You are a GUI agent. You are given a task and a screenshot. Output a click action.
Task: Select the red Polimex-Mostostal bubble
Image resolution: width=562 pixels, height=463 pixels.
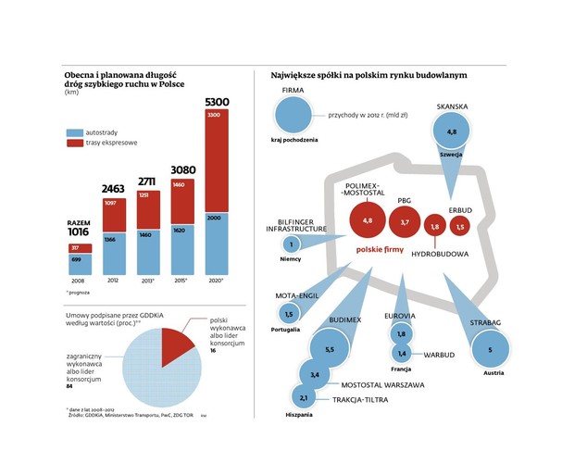(367, 221)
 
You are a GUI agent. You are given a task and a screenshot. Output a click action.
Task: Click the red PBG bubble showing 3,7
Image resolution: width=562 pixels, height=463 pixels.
(405, 223)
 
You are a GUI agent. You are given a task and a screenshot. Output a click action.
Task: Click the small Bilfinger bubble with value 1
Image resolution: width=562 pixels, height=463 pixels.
(292, 244)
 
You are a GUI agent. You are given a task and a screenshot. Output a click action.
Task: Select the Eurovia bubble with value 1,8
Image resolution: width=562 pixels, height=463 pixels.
(402, 334)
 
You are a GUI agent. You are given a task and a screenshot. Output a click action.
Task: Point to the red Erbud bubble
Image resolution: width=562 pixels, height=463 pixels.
(460, 226)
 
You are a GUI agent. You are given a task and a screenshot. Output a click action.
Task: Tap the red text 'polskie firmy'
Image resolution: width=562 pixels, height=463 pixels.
(381, 251)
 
